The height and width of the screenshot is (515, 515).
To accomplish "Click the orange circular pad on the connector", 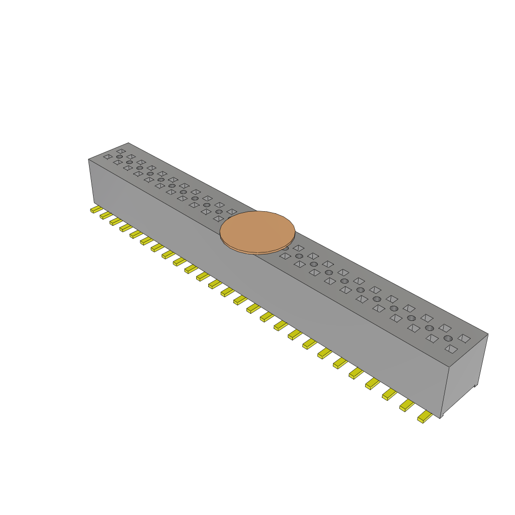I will pos(257,230).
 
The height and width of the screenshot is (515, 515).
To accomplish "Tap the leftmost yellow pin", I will pos(96,209).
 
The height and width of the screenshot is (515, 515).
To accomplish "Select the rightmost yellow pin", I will pos(424,416).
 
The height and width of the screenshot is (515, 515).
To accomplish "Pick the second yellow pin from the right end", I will pos(406,405).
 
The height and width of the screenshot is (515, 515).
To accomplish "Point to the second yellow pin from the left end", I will pos(106,215).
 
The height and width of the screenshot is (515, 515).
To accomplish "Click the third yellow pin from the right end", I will pos(389,394).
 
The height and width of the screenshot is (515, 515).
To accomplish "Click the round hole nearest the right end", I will pos(448,338).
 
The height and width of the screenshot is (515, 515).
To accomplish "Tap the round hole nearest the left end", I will pos(119,157).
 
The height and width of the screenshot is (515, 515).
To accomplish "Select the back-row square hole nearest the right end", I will pos(464,339).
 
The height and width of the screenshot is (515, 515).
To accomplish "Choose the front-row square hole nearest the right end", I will pos(451,349).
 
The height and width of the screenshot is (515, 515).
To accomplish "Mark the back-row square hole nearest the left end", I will pos(121,151).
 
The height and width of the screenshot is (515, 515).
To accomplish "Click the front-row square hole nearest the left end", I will pos(108,157).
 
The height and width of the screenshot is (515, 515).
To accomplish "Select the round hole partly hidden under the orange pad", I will pos(285,248).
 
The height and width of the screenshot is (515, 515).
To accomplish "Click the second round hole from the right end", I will pos(430,328).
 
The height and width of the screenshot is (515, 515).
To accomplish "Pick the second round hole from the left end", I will pos(129,162).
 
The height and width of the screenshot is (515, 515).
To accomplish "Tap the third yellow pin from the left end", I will pos(116,221).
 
